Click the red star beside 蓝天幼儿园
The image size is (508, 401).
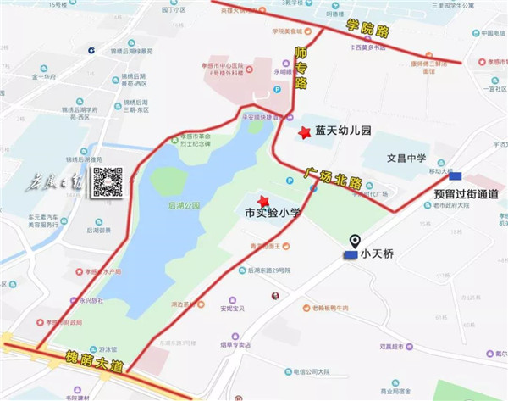click(304, 132)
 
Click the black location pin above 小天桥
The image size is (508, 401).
click(354, 242)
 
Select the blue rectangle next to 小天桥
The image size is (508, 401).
click(349, 254)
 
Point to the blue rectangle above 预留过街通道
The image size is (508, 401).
click(456, 176)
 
